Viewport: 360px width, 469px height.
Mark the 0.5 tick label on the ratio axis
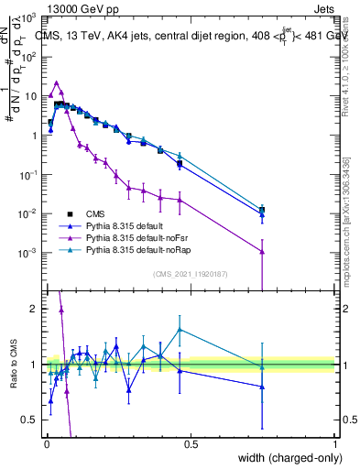pyautogui.click(x=31, y=420)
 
